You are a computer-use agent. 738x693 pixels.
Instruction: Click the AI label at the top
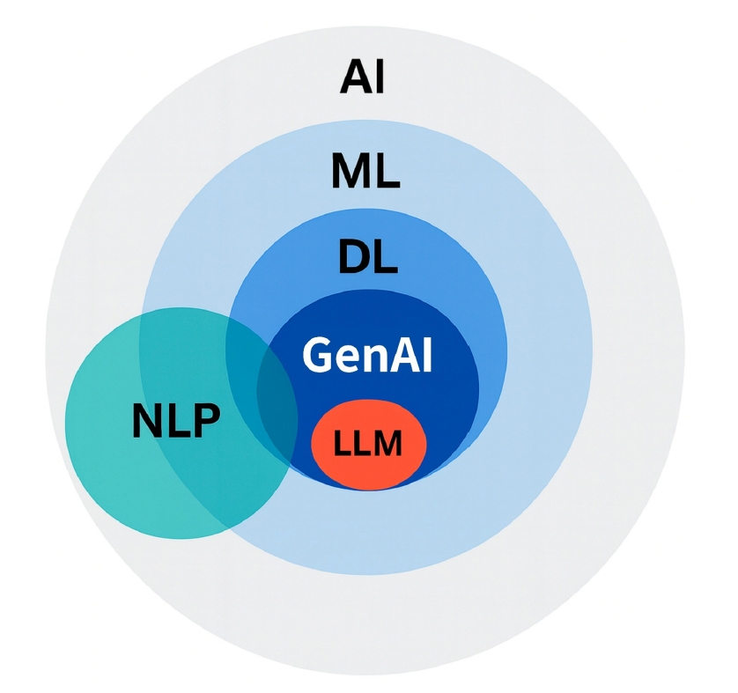[x=362, y=77]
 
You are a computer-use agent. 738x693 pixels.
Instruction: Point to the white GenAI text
[x=367, y=355]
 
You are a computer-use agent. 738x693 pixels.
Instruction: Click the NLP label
[x=175, y=421]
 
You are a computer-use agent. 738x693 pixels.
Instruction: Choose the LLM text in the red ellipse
[x=368, y=444]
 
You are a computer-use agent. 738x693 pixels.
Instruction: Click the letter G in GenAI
[x=318, y=355]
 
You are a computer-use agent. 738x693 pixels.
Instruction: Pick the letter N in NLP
[x=147, y=421]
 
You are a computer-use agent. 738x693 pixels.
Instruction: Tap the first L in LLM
[x=342, y=444]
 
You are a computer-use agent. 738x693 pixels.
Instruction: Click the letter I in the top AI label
[x=377, y=77]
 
